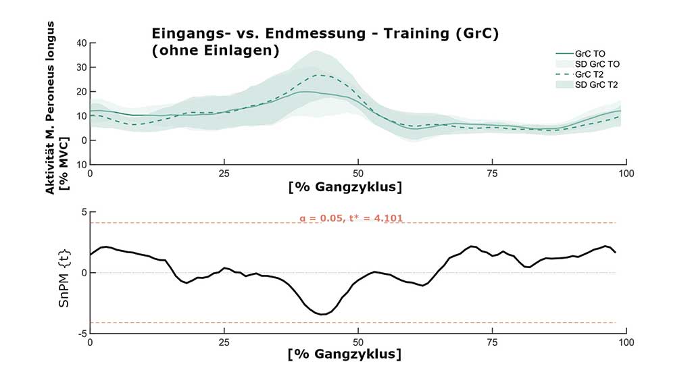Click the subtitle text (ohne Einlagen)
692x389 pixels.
click(x=215, y=51)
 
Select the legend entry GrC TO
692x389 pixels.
click(x=590, y=53)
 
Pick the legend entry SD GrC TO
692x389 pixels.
click(x=598, y=63)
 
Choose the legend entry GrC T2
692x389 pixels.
click(x=590, y=74)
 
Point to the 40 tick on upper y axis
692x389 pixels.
click(x=81, y=43)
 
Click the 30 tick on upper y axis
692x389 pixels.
click(x=81, y=68)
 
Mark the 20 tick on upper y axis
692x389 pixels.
click(x=81, y=92)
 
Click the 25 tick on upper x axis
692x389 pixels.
click(x=225, y=174)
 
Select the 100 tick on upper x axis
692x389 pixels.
click(x=626, y=174)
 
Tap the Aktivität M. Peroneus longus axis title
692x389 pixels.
click(x=50, y=108)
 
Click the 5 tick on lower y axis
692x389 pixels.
click(x=84, y=212)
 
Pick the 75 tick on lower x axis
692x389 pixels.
click(x=493, y=342)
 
